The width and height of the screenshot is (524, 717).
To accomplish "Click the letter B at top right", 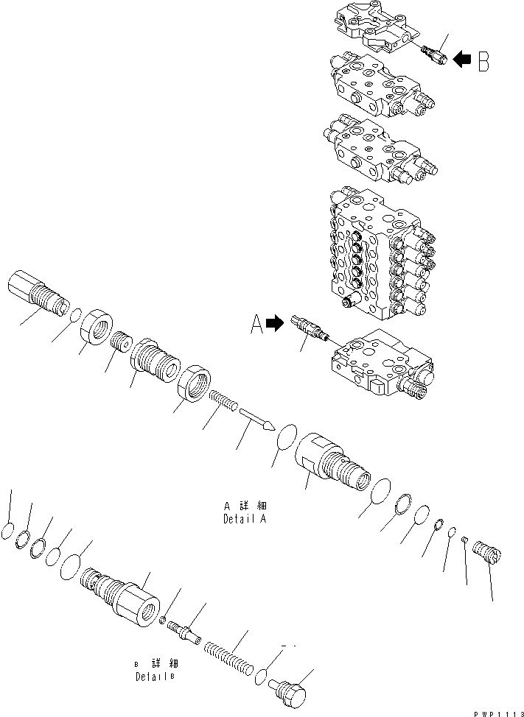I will click(483, 62).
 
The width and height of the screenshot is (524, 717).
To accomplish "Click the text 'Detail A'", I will click(245, 518).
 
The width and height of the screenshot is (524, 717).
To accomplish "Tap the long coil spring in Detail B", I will click(231, 653).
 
